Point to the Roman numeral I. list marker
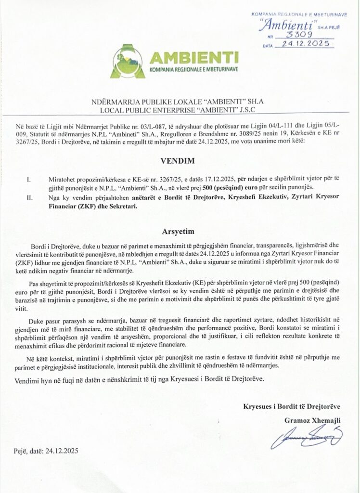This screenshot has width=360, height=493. (x=29, y=179)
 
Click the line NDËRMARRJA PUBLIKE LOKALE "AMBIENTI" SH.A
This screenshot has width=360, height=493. (x=180, y=103)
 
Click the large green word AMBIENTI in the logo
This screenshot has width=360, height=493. (x=194, y=58)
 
